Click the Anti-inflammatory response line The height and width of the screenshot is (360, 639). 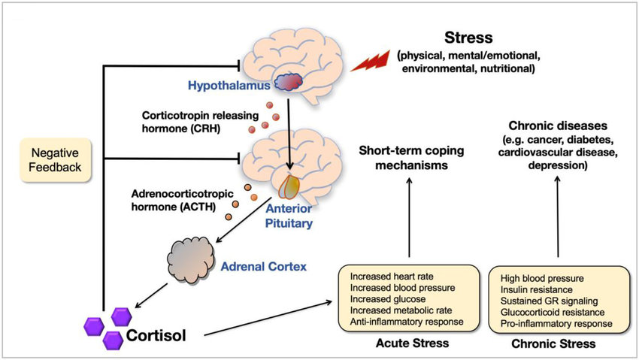[x=406, y=322]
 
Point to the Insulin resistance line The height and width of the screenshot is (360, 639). [x=535, y=289]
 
